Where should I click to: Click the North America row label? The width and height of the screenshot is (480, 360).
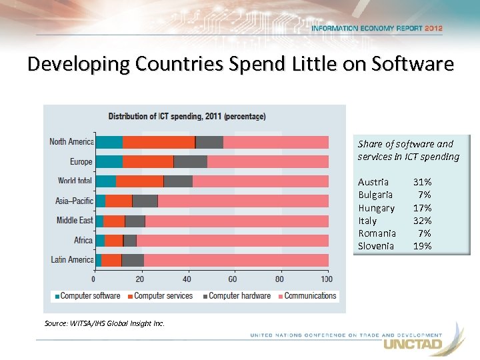click(71, 141)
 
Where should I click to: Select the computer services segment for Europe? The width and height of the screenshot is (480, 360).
click(148, 161)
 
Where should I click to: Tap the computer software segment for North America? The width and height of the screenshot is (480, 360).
click(109, 142)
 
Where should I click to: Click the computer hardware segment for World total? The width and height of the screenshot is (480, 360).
click(178, 181)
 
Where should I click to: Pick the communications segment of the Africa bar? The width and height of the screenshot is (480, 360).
click(232, 240)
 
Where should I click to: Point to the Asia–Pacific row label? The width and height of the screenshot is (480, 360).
click(74, 201)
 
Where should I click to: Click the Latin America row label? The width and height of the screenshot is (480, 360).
click(72, 259)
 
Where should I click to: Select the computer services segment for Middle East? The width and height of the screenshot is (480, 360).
click(115, 221)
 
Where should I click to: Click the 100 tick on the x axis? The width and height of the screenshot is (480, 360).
click(327, 279)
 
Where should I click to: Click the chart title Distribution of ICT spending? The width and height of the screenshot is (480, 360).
click(187, 116)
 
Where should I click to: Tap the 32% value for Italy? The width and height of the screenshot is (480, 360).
click(423, 221)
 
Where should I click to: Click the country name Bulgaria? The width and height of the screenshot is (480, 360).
click(375, 195)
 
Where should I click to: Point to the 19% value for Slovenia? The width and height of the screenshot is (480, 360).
click(423, 246)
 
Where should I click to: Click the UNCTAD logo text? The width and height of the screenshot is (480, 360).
click(412, 345)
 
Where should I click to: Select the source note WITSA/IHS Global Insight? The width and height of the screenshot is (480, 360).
click(105, 324)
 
